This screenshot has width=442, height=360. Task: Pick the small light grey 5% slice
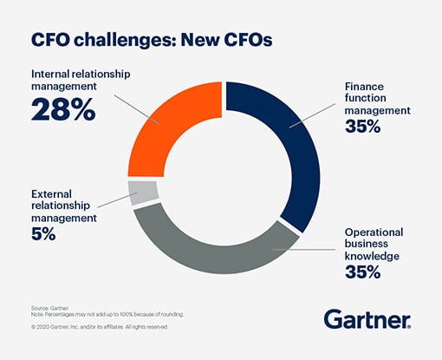tap(143, 192)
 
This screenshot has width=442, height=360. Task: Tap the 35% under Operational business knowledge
tap(362, 272)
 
